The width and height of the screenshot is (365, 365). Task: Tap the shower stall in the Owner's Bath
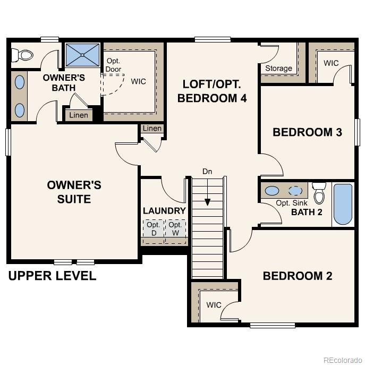tap(82, 55)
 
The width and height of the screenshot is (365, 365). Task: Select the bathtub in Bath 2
tap(343, 204)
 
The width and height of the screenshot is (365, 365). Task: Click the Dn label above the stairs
tap(207, 172)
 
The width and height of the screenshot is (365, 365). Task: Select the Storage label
tap(278, 68)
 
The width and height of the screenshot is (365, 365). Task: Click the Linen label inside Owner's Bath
tap(79, 115)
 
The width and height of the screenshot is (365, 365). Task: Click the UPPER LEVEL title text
tap(52, 276)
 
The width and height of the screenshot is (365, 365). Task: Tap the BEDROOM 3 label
tap(307, 132)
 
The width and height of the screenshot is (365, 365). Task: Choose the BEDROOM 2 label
tap(297, 276)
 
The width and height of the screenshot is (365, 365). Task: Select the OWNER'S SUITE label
tap(74, 192)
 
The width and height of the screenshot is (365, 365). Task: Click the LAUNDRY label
tap(164, 210)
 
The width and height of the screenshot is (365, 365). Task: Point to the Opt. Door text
tap(114, 65)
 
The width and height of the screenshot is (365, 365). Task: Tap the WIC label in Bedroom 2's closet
tap(214, 305)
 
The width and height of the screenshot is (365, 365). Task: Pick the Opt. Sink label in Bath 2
tap(291, 203)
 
